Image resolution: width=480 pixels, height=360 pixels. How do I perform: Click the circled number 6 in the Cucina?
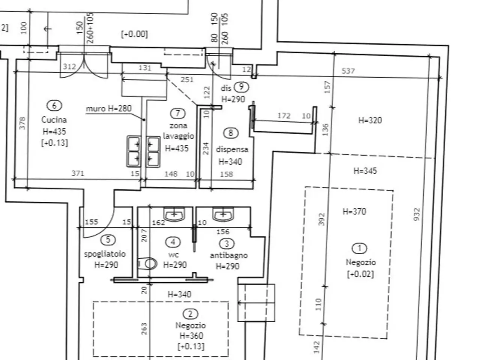click(54, 106)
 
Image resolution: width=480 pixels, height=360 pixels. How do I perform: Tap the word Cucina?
click(54, 120)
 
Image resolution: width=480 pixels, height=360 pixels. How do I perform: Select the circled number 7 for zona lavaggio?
click(178, 114)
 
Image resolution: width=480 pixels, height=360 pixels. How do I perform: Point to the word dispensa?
click(232, 150)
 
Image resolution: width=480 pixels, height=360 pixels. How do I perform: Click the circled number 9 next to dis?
click(241, 87)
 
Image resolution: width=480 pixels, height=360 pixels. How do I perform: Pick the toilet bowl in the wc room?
click(148, 263)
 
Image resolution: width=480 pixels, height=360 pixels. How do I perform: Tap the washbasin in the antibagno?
click(223, 214)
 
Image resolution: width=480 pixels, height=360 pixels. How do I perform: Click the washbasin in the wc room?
click(174, 214)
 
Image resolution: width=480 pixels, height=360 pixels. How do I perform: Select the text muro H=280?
click(109, 108)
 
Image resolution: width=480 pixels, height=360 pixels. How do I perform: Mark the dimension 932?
click(417, 214)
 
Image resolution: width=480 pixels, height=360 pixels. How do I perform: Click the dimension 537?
click(348, 71)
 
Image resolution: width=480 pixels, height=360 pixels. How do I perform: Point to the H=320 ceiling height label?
click(370, 120)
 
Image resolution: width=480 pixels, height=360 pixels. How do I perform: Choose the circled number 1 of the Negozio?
click(359, 248)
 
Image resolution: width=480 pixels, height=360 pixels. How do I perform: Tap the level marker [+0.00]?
click(135, 34)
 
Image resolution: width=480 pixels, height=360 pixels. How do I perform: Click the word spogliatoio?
click(105, 254)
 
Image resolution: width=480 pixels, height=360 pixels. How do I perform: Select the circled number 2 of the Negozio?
click(190, 314)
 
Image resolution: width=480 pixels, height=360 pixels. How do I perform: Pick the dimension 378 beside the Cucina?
click(22, 123)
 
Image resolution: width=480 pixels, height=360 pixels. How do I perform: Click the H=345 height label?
click(365, 171)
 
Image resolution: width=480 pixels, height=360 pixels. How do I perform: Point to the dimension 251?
click(187, 79)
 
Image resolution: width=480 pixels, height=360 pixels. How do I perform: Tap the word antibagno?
click(229, 255)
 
